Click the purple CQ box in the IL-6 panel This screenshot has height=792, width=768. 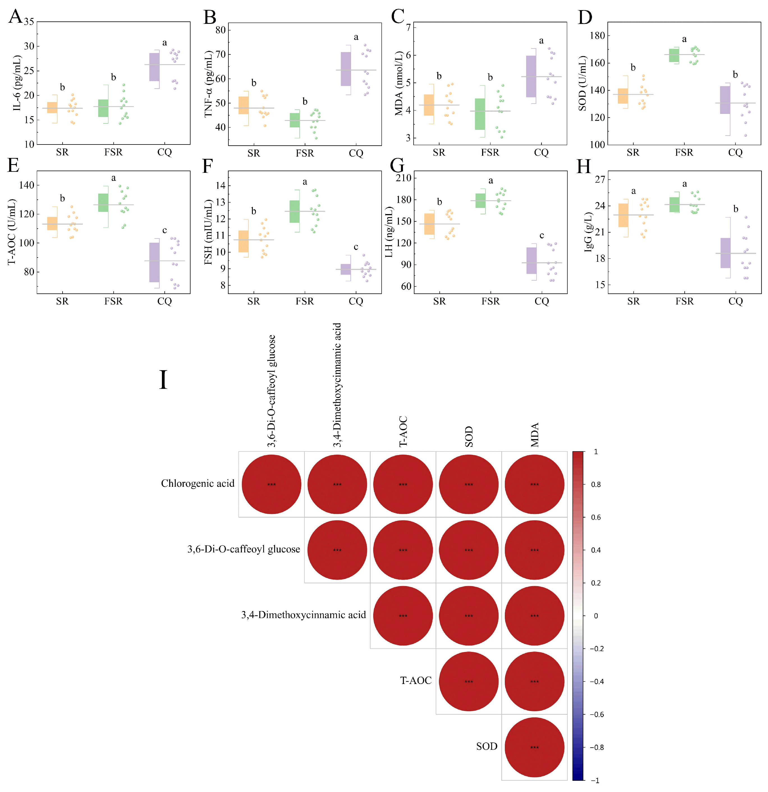point(154,67)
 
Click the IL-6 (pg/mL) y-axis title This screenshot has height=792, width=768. point(17,83)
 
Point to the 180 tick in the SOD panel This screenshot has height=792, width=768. point(597,36)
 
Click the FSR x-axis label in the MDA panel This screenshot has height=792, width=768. point(490,153)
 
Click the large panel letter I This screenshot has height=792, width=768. point(163,380)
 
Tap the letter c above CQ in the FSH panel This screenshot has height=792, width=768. point(356,247)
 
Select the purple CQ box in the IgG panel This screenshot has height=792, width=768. point(726,253)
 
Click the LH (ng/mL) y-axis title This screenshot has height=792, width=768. point(389,232)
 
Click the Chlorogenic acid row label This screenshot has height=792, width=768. point(198,484)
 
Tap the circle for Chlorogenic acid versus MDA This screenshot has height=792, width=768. point(534,484)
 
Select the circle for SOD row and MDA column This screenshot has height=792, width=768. point(534,747)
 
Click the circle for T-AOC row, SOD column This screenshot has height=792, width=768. point(469,681)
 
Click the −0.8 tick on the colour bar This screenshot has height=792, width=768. point(596,747)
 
